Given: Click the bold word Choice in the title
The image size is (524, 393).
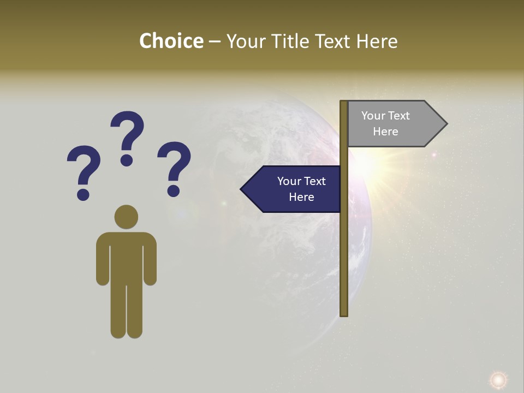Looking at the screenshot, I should click(x=171, y=41).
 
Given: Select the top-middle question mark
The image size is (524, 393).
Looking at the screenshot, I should click(x=127, y=136).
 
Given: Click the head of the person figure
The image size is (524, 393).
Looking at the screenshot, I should click(x=126, y=217).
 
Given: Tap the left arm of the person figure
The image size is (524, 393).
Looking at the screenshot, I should click(x=103, y=262).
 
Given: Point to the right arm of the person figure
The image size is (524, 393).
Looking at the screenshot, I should click(x=150, y=262).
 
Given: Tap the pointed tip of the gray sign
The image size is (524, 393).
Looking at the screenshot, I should click(x=445, y=124).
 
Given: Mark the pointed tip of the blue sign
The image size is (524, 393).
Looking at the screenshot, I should click(x=242, y=189).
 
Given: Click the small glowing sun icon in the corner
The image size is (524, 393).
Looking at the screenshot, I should click(x=498, y=379).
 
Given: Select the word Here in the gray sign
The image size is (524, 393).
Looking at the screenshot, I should click(x=385, y=132).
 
